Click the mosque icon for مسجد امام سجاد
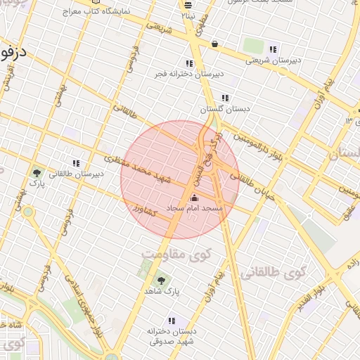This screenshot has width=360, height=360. tap(195, 198)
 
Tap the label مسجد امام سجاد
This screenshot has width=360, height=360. tap(195, 209)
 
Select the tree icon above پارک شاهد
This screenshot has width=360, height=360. tap(162, 281)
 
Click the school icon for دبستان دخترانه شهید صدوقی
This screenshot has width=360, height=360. tap(172, 321)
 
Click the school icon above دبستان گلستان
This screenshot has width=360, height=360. tap(225, 98)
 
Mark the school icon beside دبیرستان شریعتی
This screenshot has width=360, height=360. tap(273, 49)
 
